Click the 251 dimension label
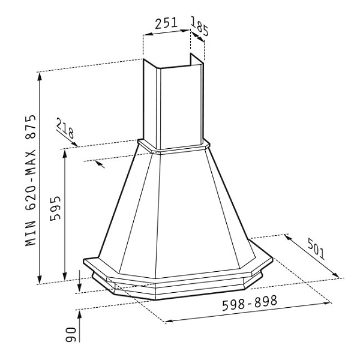(166, 23)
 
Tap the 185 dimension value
(200, 26)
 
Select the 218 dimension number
(65, 128)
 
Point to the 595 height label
(56, 208)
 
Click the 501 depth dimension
(317, 249)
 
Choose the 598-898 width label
(250, 303)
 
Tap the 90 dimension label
(71, 335)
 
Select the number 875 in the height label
(31, 127)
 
